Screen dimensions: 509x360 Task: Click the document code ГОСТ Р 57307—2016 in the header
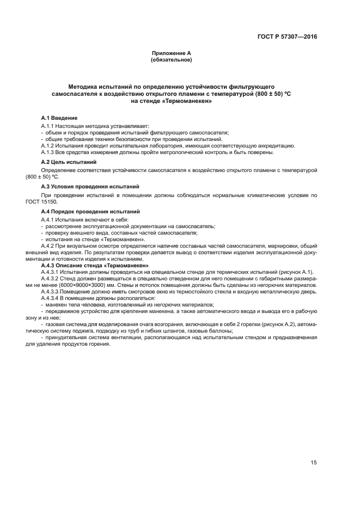tap(287, 38)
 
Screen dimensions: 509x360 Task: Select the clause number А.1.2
tap(49, 146)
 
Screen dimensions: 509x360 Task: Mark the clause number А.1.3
tap(49, 152)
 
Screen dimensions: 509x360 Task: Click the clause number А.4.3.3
tap(52, 292)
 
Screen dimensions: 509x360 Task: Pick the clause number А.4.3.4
tap(52, 298)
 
